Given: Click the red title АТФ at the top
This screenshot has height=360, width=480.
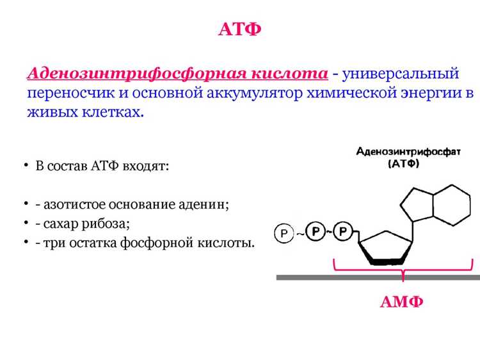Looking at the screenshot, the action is coord(240,29).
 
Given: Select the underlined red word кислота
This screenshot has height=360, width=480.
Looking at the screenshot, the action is coord(289,74).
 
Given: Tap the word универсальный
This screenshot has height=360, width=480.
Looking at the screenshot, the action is coord(401,74).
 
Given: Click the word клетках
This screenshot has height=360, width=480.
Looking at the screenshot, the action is coord(113,112).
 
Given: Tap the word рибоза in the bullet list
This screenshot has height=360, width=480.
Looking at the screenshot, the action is coord(106,224).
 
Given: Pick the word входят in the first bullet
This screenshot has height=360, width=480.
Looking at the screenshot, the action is coord(146,166).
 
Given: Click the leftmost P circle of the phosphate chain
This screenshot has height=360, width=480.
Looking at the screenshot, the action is coord(284,233).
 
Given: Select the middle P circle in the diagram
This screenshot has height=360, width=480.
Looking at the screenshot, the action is coord(316,231).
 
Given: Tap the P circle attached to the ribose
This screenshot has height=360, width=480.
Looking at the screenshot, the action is coord(343,231).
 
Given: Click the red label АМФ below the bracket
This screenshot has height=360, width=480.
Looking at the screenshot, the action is coord(402,302).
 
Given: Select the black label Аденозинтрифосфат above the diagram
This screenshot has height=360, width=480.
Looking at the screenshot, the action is coord(408,151).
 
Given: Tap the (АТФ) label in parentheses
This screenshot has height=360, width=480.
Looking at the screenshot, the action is coord(404,163).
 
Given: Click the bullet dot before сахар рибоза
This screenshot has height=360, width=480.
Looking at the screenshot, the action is coord(26,223).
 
